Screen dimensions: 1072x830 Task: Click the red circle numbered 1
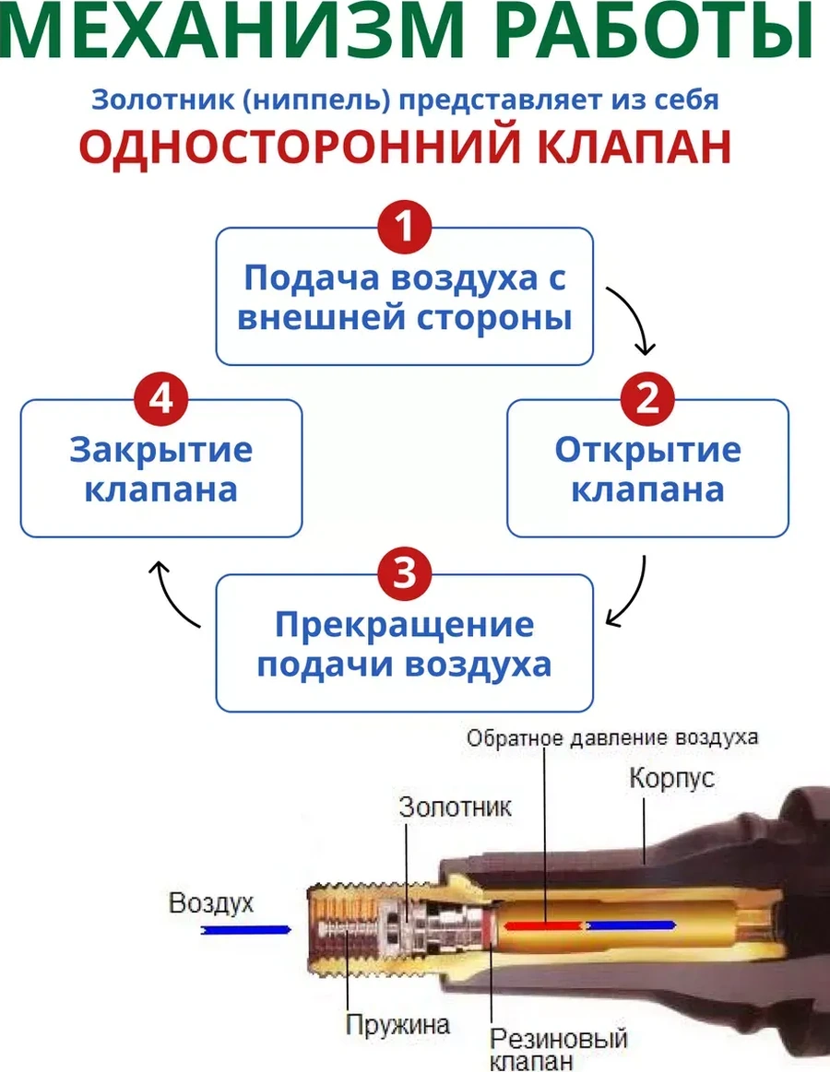pyautogui.click(x=405, y=224)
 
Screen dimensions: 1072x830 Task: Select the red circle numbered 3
pyautogui.click(x=405, y=572)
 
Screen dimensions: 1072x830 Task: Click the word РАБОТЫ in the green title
pyautogui.click(x=668, y=35)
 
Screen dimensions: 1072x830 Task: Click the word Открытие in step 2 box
pyautogui.click(x=647, y=451)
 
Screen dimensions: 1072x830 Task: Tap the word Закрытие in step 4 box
pyautogui.click(x=161, y=451)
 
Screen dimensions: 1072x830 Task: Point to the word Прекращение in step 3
pyautogui.click(x=404, y=625)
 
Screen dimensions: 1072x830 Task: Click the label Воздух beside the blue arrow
pyautogui.click(x=211, y=903)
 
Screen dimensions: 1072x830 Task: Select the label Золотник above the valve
pyautogui.click(x=455, y=807)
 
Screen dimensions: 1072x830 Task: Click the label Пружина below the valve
pyautogui.click(x=397, y=1023)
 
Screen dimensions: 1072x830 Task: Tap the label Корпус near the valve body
pyautogui.click(x=671, y=777)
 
